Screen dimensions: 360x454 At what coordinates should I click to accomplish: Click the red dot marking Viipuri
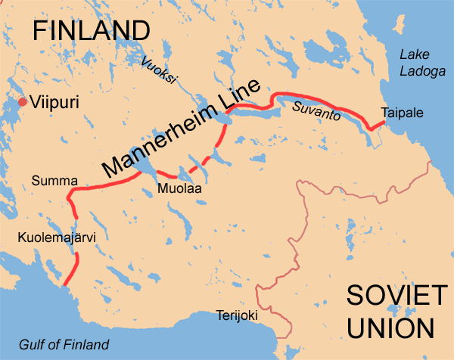tap(23, 102)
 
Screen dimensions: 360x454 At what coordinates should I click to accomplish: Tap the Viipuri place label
tap(55, 102)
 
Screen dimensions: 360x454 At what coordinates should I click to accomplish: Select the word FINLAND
tap(91, 30)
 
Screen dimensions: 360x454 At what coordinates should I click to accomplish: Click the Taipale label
tap(403, 113)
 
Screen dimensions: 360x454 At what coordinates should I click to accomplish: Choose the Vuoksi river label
tap(154, 70)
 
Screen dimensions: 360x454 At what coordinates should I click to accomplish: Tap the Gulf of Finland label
tap(64, 344)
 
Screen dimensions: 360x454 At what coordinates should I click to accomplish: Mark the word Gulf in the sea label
tap(33, 344)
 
